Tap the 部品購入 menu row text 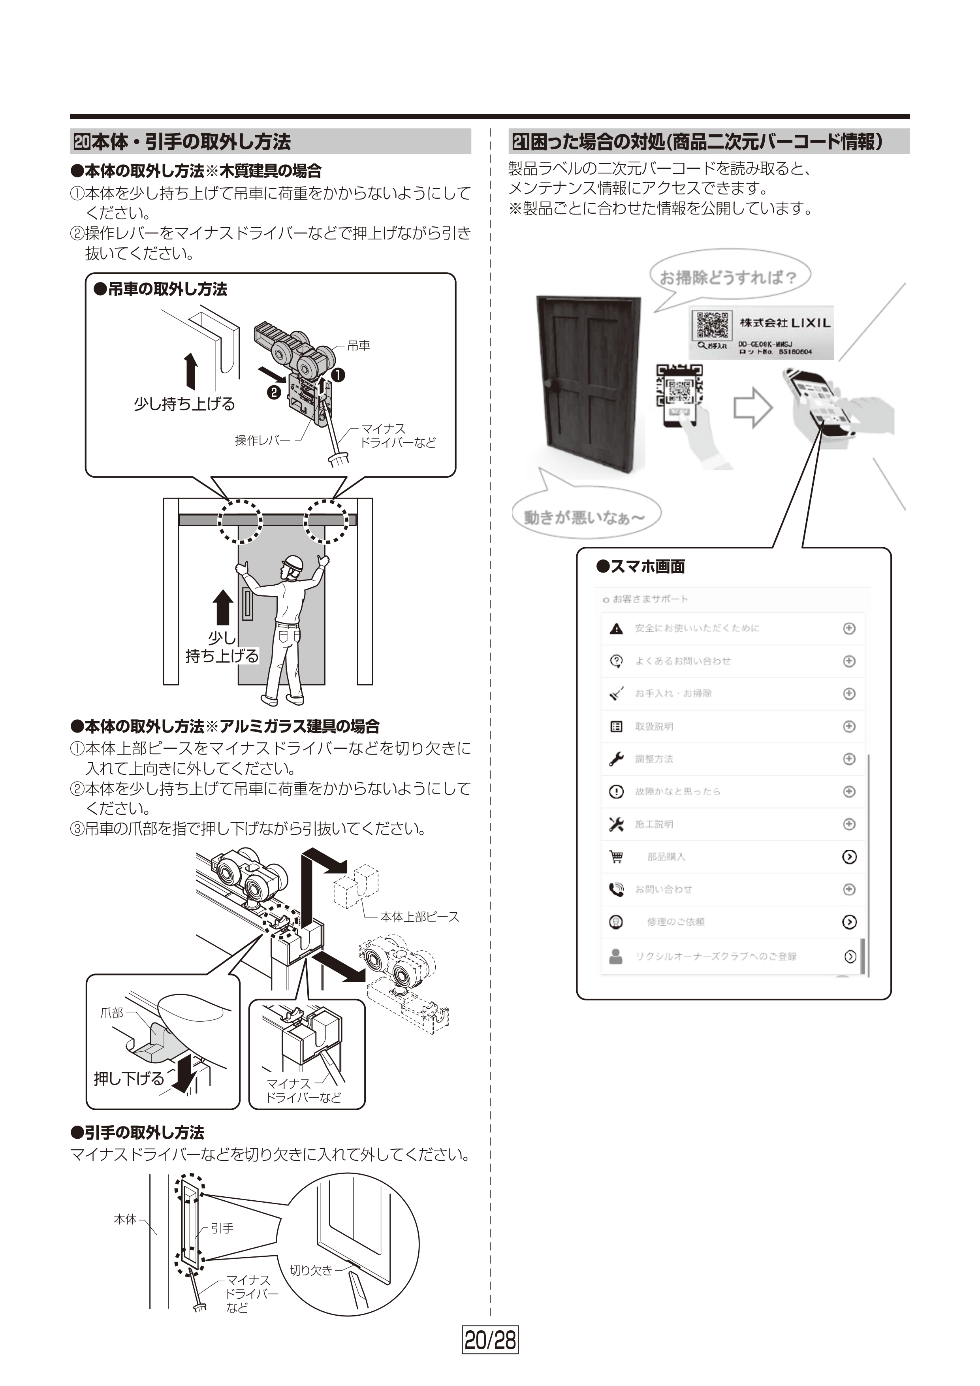click(666, 857)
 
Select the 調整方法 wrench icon click(616, 759)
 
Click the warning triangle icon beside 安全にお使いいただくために click(616, 629)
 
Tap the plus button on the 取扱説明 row click(849, 726)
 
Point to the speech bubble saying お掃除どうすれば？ click(728, 278)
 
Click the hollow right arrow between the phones click(752, 409)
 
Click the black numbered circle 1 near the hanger click(338, 375)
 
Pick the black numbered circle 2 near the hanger click(273, 392)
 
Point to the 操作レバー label click(263, 441)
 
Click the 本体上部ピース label click(419, 917)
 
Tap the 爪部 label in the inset click(112, 1013)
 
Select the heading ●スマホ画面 click(640, 566)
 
